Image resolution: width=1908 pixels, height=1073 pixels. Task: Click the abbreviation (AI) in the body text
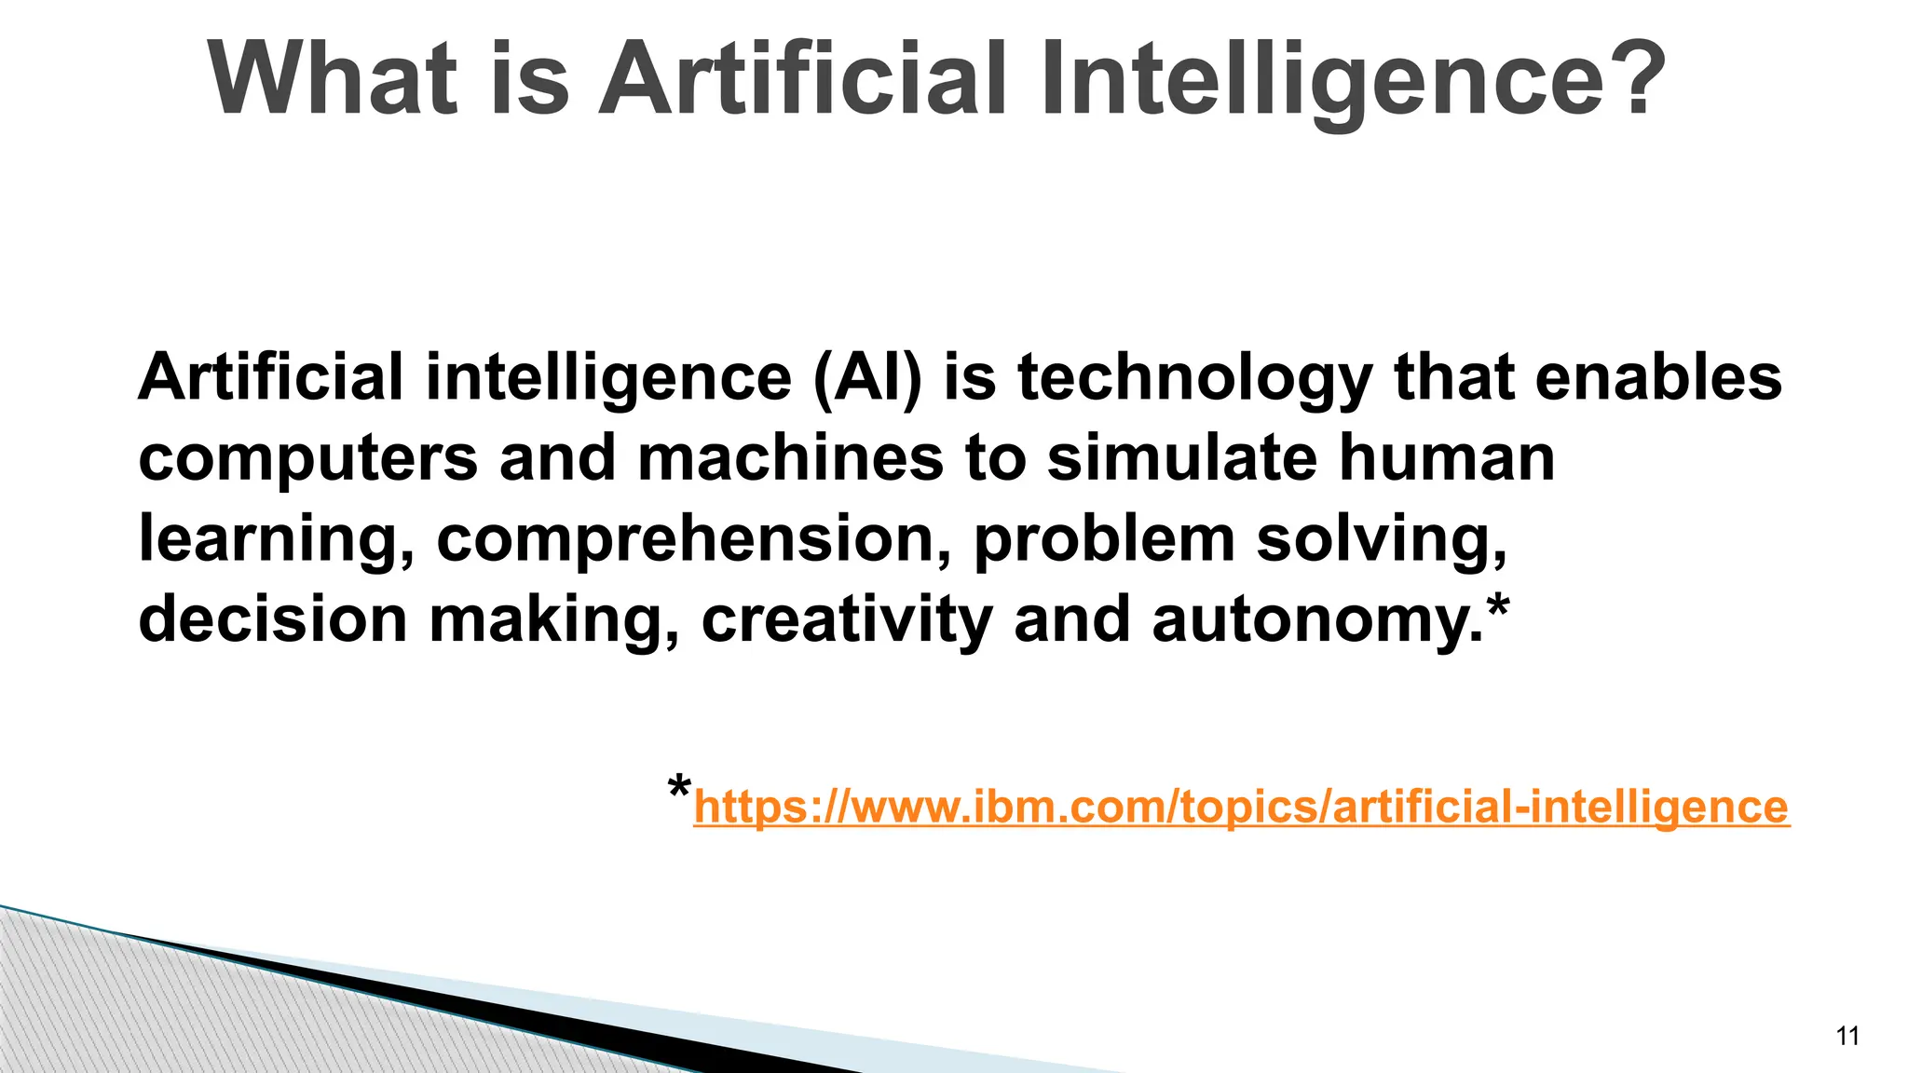866,378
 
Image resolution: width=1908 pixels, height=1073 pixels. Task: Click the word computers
308,459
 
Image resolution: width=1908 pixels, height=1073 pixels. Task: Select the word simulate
1182,458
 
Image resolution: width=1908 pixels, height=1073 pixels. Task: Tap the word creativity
846,620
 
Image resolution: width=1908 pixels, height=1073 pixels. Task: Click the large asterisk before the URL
680,788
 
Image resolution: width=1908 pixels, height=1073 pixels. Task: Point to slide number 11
1847,1036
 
